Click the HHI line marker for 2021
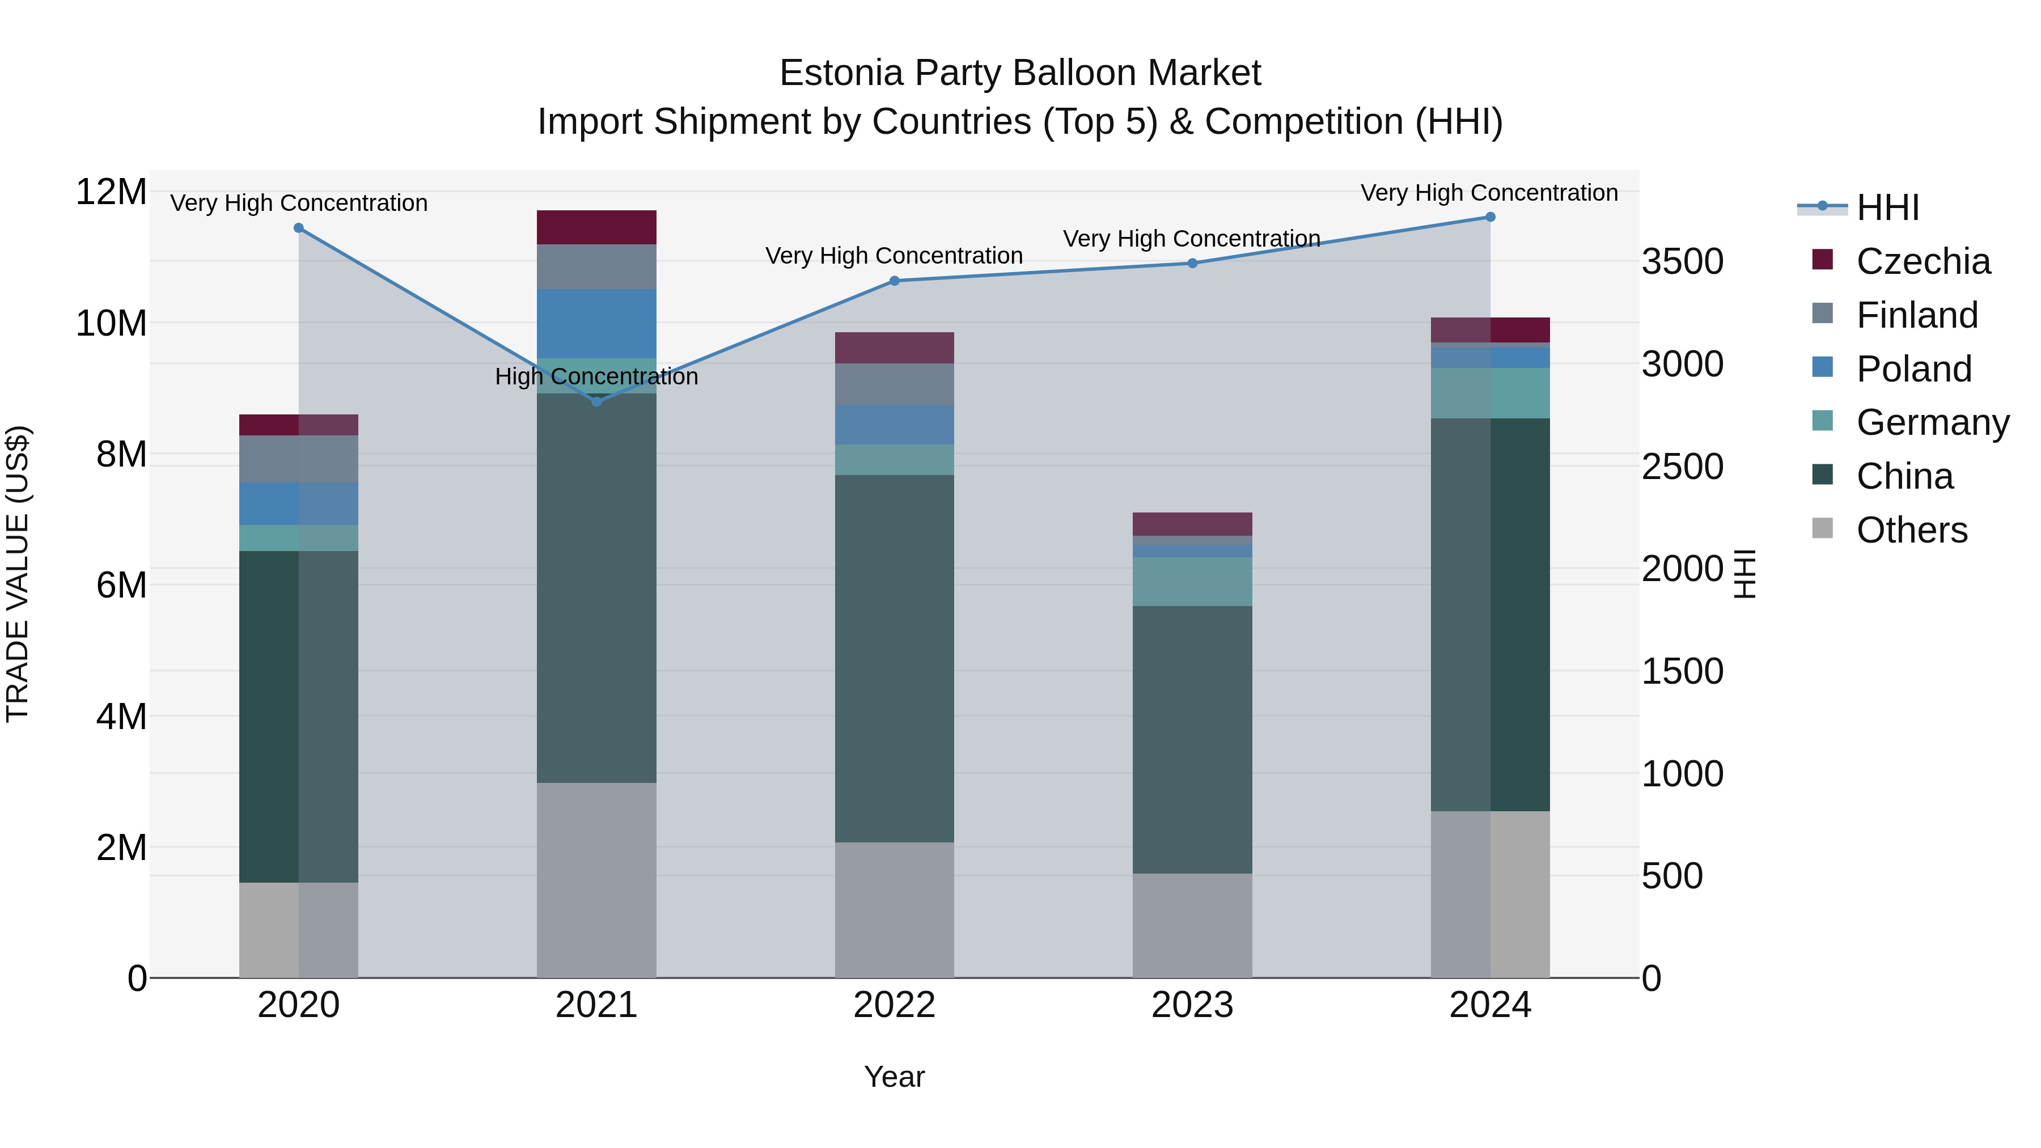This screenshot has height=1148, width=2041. click(x=596, y=402)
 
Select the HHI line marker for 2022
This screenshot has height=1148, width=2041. click(x=895, y=281)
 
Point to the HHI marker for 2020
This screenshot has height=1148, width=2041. click(x=299, y=228)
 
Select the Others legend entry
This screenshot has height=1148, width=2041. click(x=1911, y=530)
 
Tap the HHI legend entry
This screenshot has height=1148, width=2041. click(x=1887, y=207)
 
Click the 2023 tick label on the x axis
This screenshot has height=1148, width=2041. click(x=1192, y=1005)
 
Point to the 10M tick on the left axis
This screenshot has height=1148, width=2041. click(x=111, y=323)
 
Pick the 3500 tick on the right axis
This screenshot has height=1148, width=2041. click(x=1682, y=261)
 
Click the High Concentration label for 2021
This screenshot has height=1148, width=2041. click(x=596, y=376)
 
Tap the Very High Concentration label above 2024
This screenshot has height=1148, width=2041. click(x=1489, y=193)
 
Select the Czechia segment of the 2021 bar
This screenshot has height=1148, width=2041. click(x=596, y=227)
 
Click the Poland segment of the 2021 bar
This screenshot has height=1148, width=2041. click(x=596, y=323)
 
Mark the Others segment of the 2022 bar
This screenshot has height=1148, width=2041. click(x=895, y=909)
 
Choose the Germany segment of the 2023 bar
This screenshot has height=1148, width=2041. click(x=1192, y=582)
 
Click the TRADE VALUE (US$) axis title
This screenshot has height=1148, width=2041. click(x=18, y=574)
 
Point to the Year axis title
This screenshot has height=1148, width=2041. click(x=895, y=1077)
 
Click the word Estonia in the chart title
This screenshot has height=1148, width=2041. click(x=841, y=73)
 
